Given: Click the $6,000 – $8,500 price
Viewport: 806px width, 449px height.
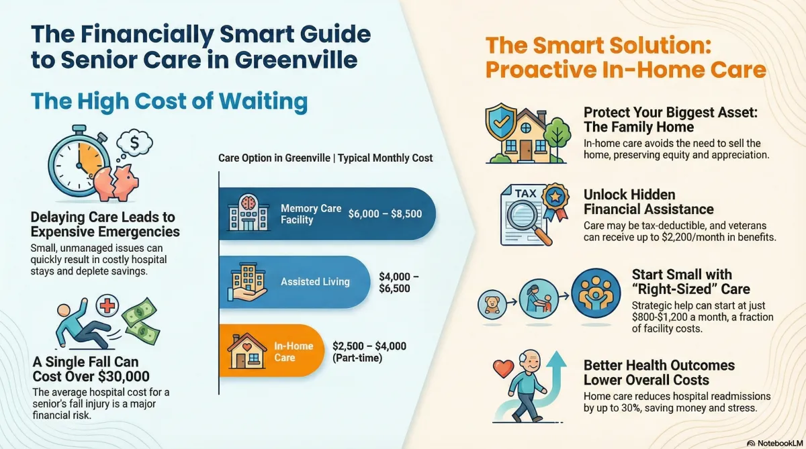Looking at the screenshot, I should coord(385,214).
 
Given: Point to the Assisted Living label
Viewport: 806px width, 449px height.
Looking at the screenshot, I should coord(315,281).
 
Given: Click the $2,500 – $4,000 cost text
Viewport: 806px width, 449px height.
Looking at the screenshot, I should coord(369,346).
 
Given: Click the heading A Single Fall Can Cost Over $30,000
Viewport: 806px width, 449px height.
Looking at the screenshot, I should coord(91,369).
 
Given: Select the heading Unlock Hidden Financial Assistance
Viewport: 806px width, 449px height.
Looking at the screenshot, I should coord(648,201).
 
